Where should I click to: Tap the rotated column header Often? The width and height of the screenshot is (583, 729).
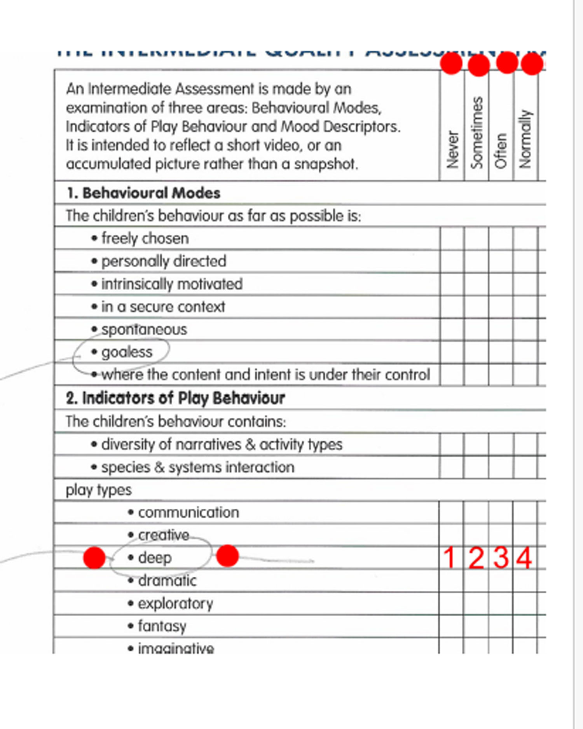[x=501, y=151]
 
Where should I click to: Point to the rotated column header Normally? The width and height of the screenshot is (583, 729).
[x=525, y=139]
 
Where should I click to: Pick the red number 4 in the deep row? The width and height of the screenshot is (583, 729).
[x=524, y=558]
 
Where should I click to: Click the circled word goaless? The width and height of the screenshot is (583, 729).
[x=127, y=352]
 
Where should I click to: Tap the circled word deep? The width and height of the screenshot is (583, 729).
[x=155, y=558]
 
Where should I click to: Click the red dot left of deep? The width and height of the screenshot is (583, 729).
[x=94, y=558]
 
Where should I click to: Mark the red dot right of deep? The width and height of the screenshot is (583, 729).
[x=227, y=556]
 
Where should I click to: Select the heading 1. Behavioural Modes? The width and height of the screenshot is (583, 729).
[x=143, y=193]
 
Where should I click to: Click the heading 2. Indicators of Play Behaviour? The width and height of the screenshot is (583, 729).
[x=175, y=398]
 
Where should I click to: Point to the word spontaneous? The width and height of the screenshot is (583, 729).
[x=144, y=330]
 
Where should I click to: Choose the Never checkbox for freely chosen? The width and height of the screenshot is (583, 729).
[x=452, y=238]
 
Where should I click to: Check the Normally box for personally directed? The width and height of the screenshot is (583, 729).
[x=525, y=261]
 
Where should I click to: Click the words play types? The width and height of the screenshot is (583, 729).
[x=99, y=490]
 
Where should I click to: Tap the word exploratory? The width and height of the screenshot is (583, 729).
[x=175, y=603]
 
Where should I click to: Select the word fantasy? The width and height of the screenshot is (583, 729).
[x=162, y=626]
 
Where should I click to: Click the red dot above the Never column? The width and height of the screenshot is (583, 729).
[x=451, y=63]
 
